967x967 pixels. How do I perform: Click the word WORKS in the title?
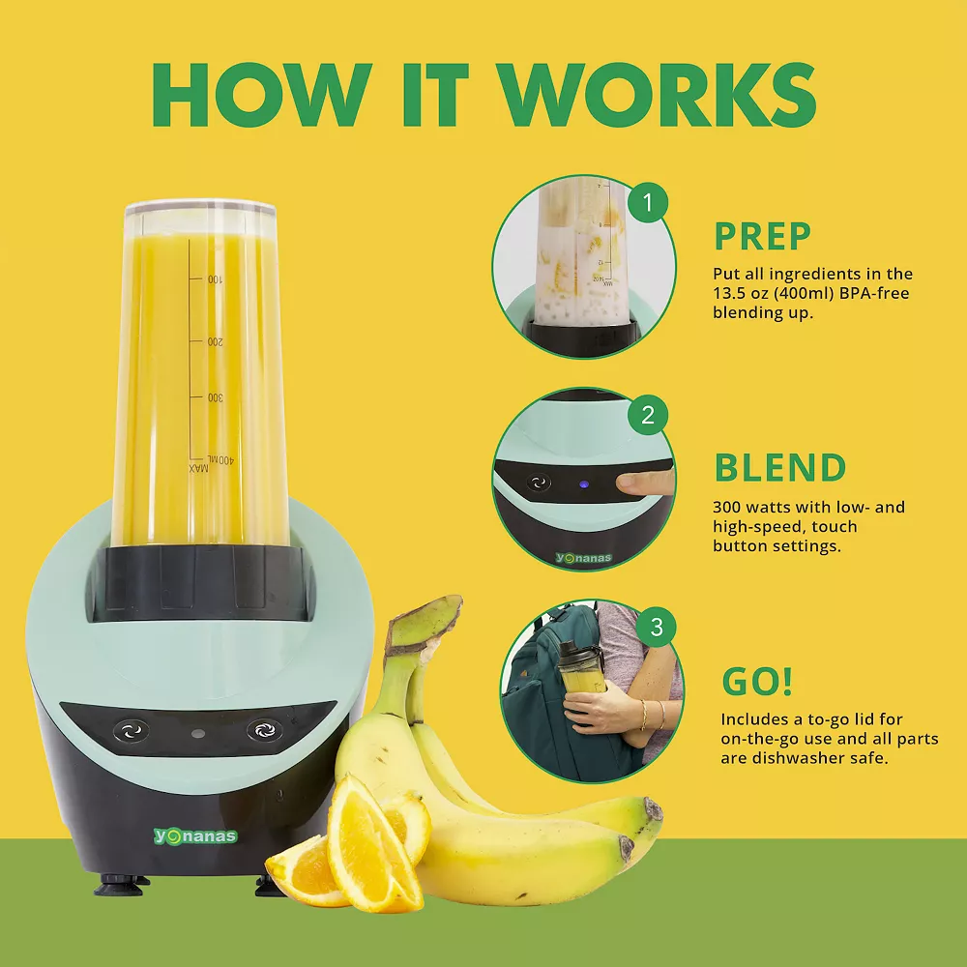(x=658, y=96)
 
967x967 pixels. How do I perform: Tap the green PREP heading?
(x=762, y=236)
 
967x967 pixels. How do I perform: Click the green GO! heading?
(x=757, y=681)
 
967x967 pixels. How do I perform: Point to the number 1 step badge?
(x=648, y=202)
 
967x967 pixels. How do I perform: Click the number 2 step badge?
(x=648, y=415)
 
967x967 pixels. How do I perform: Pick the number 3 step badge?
(x=657, y=628)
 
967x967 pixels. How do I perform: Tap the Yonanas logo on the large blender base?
(x=195, y=836)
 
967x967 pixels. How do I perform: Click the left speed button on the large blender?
(x=131, y=731)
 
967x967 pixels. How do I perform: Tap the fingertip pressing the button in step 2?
(x=626, y=483)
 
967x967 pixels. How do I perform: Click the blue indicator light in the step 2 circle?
(x=582, y=484)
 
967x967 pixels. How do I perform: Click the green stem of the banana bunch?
(x=425, y=622)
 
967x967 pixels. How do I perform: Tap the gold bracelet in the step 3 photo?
(x=643, y=716)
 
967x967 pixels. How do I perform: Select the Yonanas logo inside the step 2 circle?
(x=583, y=558)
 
